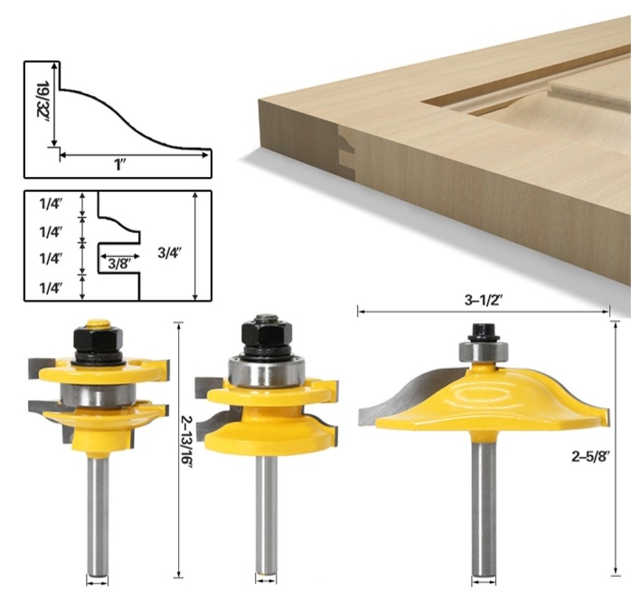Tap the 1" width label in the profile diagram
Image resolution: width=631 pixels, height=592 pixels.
click(119, 165)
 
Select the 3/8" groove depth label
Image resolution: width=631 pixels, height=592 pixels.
click(119, 264)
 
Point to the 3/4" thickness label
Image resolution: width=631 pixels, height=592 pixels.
click(169, 253)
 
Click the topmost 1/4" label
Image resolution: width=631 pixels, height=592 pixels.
click(50, 204)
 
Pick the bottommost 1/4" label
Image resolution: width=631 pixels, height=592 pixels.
click(50, 288)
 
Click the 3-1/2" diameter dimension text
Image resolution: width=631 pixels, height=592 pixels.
click(484, 300)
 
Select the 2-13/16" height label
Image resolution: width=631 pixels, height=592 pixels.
click(188, 441)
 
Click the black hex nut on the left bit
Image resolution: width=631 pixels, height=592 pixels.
click(97, 340)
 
